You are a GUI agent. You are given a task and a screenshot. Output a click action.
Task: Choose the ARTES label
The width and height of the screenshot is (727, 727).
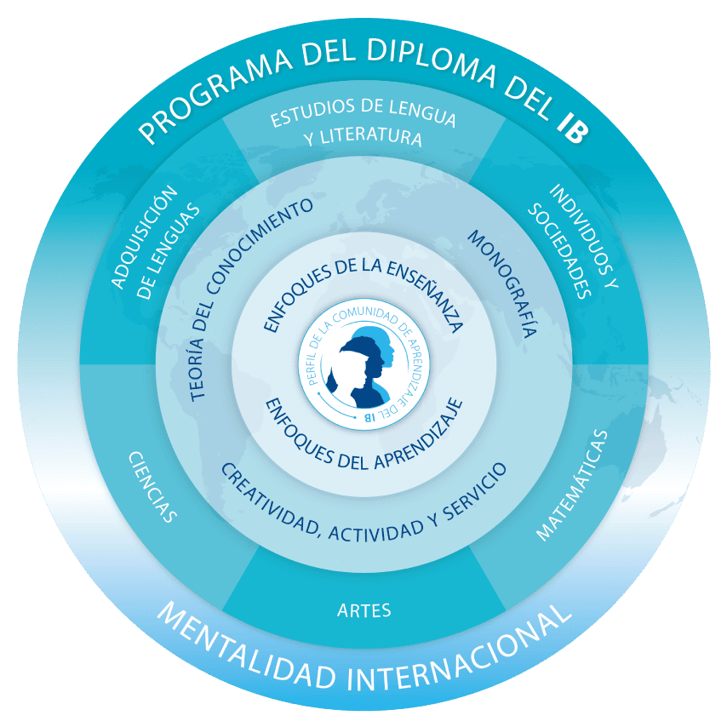click(363, 610)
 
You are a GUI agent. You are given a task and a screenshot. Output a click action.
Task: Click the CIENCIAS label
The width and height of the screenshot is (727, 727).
click(152, 487)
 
